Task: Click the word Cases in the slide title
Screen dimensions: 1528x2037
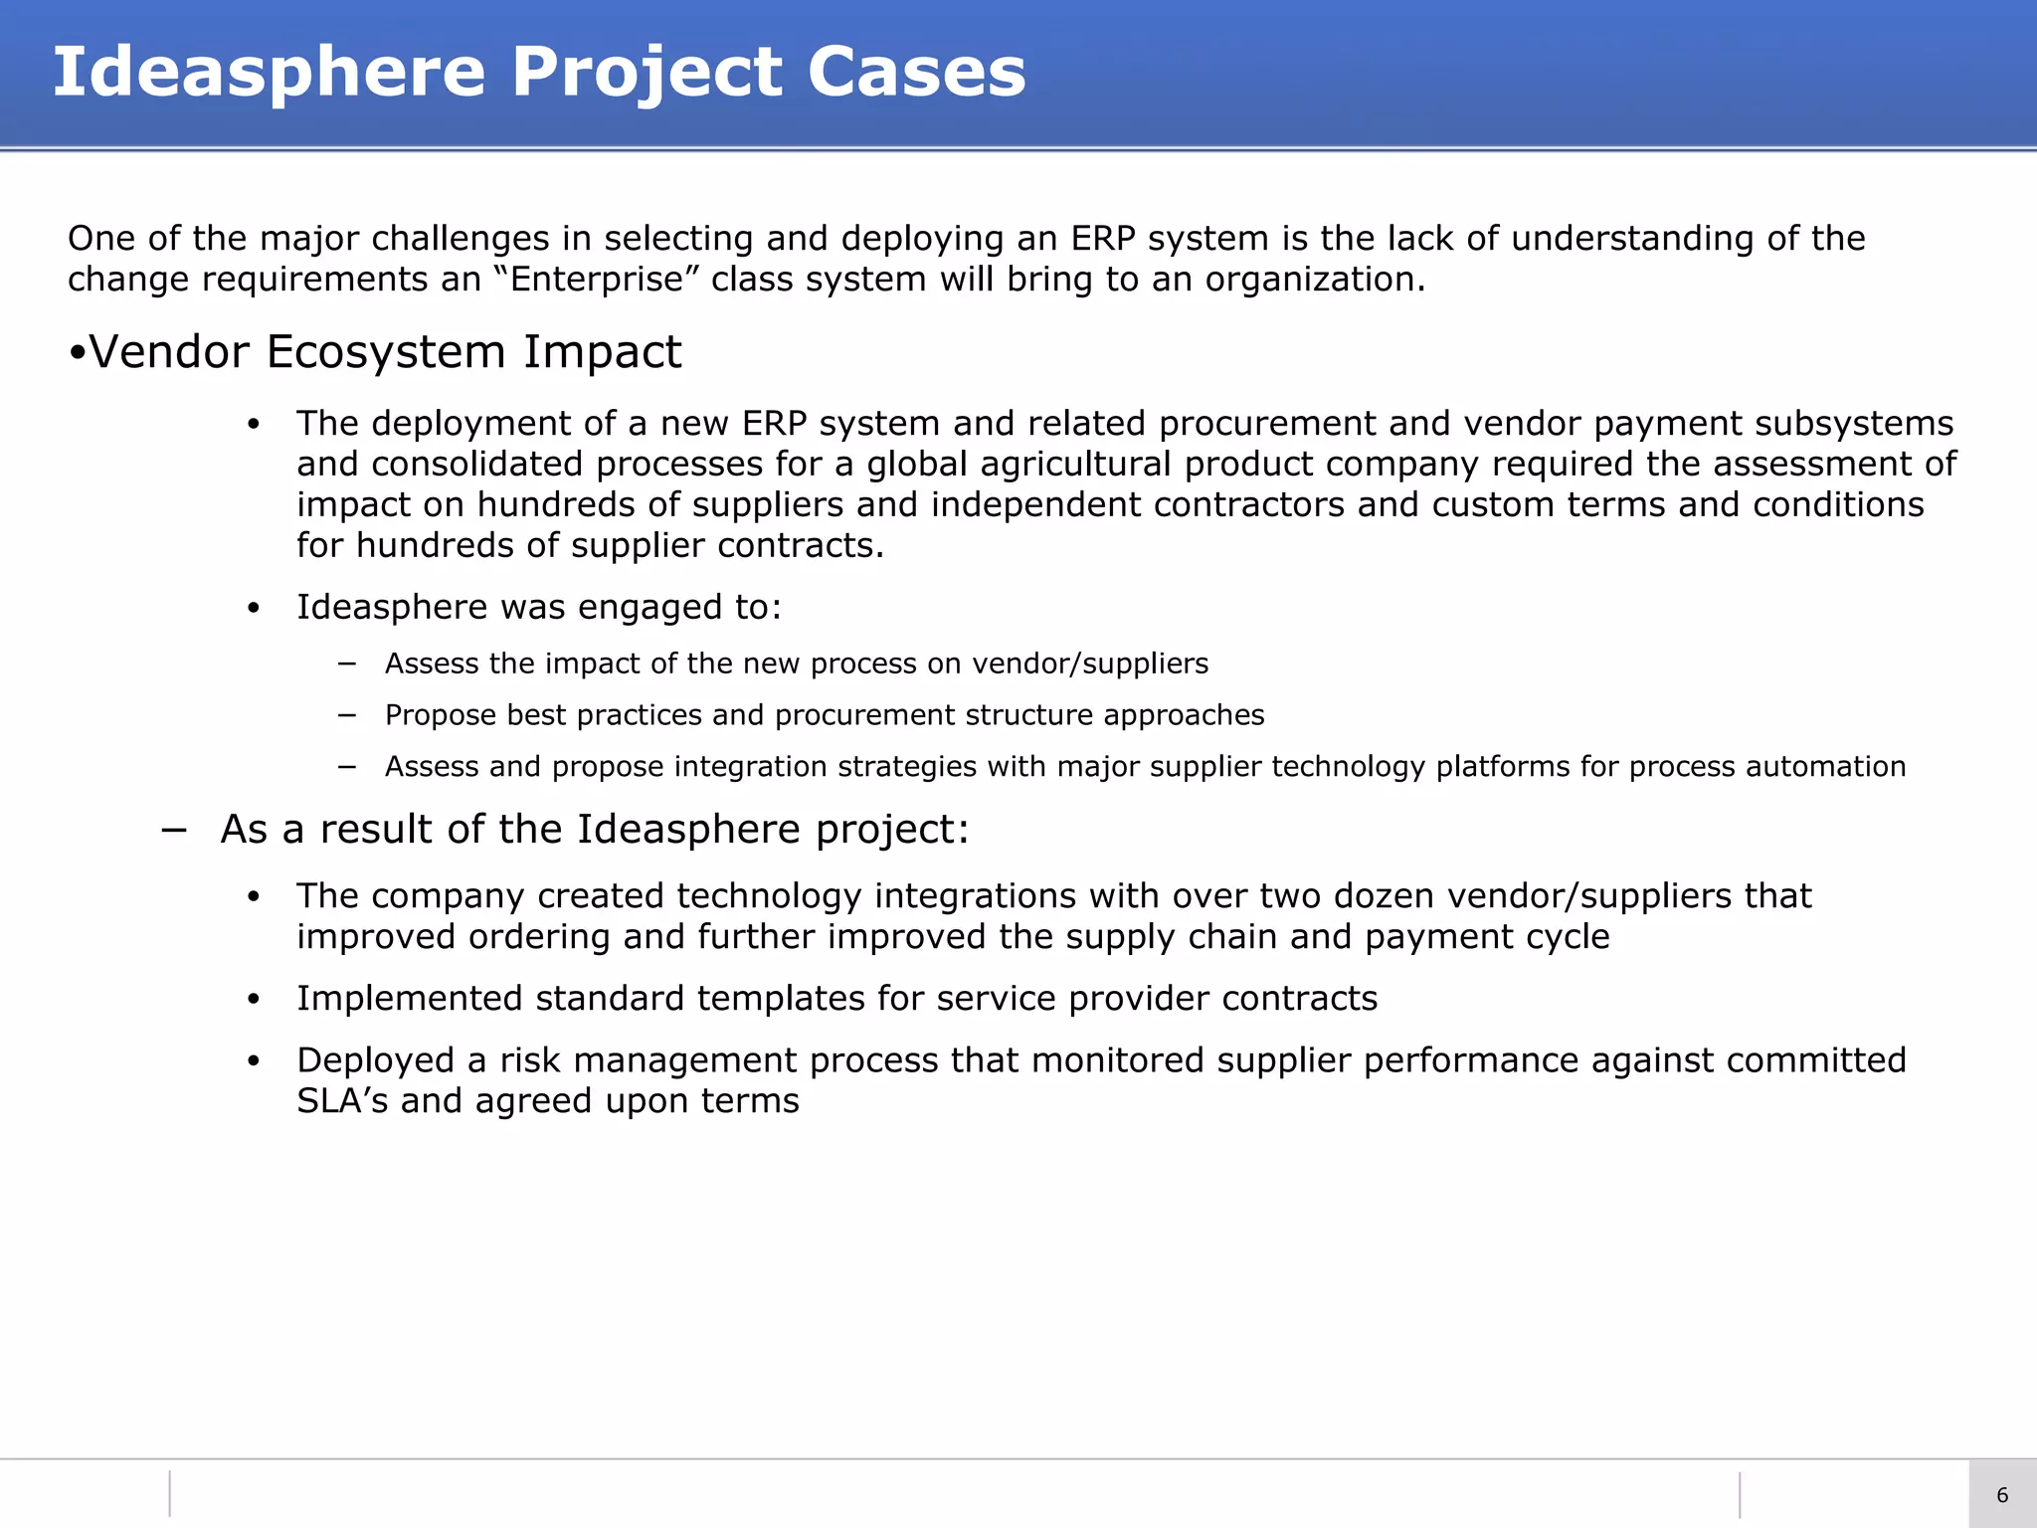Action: (x=916, y=72)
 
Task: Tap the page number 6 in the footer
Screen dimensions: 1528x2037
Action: (x=2002, y=1495)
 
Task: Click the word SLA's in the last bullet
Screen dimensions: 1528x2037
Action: (x=342, y=1101)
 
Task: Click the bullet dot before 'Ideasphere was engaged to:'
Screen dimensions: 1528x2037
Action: (x=254, y=608)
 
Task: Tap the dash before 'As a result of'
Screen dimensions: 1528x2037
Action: (x=174, y=830)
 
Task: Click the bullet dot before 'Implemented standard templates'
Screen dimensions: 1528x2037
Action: (x=254, y=999)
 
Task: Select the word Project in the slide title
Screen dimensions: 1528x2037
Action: (x=647, y=72)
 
